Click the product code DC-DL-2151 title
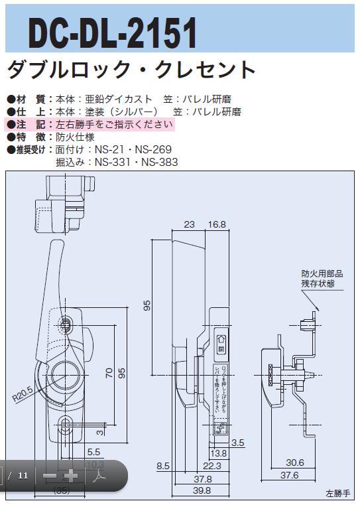coord(113,31)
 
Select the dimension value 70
coord(109,373)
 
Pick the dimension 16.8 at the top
coord(216,225)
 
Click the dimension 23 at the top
coord(189,225)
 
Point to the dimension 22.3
coord(203,467)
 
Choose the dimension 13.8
coord(219,454)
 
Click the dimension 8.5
coord(163,467)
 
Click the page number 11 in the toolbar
coord(23,475)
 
